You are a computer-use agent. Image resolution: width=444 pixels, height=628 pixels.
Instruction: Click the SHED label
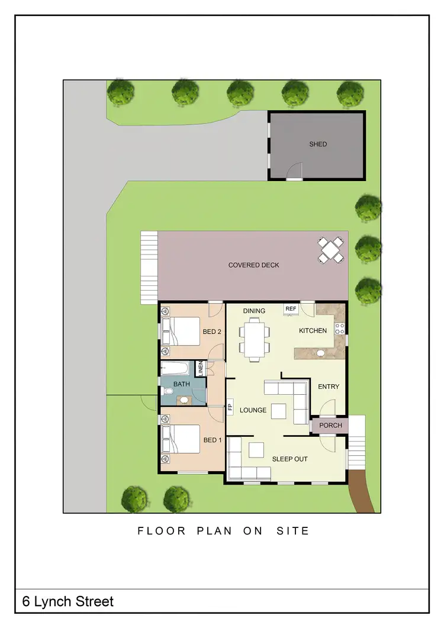pyautogui.click(x=318, y=144)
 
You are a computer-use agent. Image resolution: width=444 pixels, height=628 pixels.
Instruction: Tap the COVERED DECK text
pyautogui.click(x=253, y=265)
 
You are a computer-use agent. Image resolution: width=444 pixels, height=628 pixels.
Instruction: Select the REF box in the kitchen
pyautogui.click(x=291, y=308)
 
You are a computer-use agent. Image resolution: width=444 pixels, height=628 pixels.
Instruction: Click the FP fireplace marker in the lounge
pyautogui.click(x=229, y=407)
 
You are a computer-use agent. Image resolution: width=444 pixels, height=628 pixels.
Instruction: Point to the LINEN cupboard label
pyautogui.click(x=201, y=368)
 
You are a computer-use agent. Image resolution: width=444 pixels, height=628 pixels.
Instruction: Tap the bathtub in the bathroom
pyautogui.click(x=175, y=369)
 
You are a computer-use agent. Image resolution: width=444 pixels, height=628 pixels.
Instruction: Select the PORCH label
pyautogui.click(x=330, y=426)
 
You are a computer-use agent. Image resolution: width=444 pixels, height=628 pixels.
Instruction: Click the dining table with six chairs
pyautogui.click(x=255, y=339)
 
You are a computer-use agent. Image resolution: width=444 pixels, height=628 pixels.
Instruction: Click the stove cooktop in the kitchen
pyautogui.click(x=340, y=329)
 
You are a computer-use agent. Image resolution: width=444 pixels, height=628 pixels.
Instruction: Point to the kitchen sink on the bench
pyautogui.click(x=320, y=353)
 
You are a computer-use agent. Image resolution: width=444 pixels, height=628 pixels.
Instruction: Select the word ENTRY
pyautogui.click(x=329, y=387)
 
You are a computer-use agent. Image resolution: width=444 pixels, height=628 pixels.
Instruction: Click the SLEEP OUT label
pyautogui.click(x=289, y=459)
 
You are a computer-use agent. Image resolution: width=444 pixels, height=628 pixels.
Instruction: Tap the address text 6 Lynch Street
pyautogui.click(x=67, y=602)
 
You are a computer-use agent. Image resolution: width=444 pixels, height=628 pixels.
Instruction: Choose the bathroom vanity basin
pyautogui.click(x=184, y=400)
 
